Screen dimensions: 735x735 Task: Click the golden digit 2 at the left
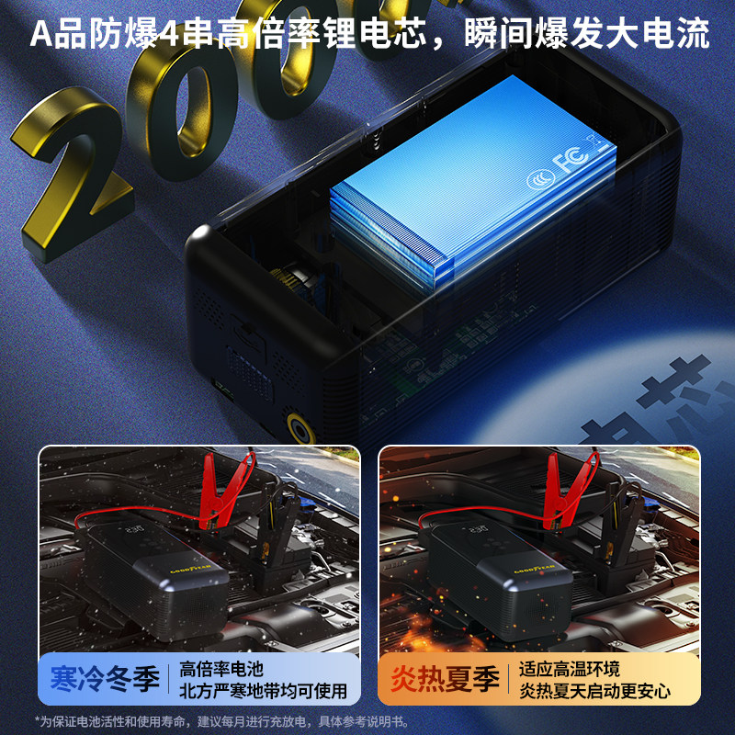click(69, 175)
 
